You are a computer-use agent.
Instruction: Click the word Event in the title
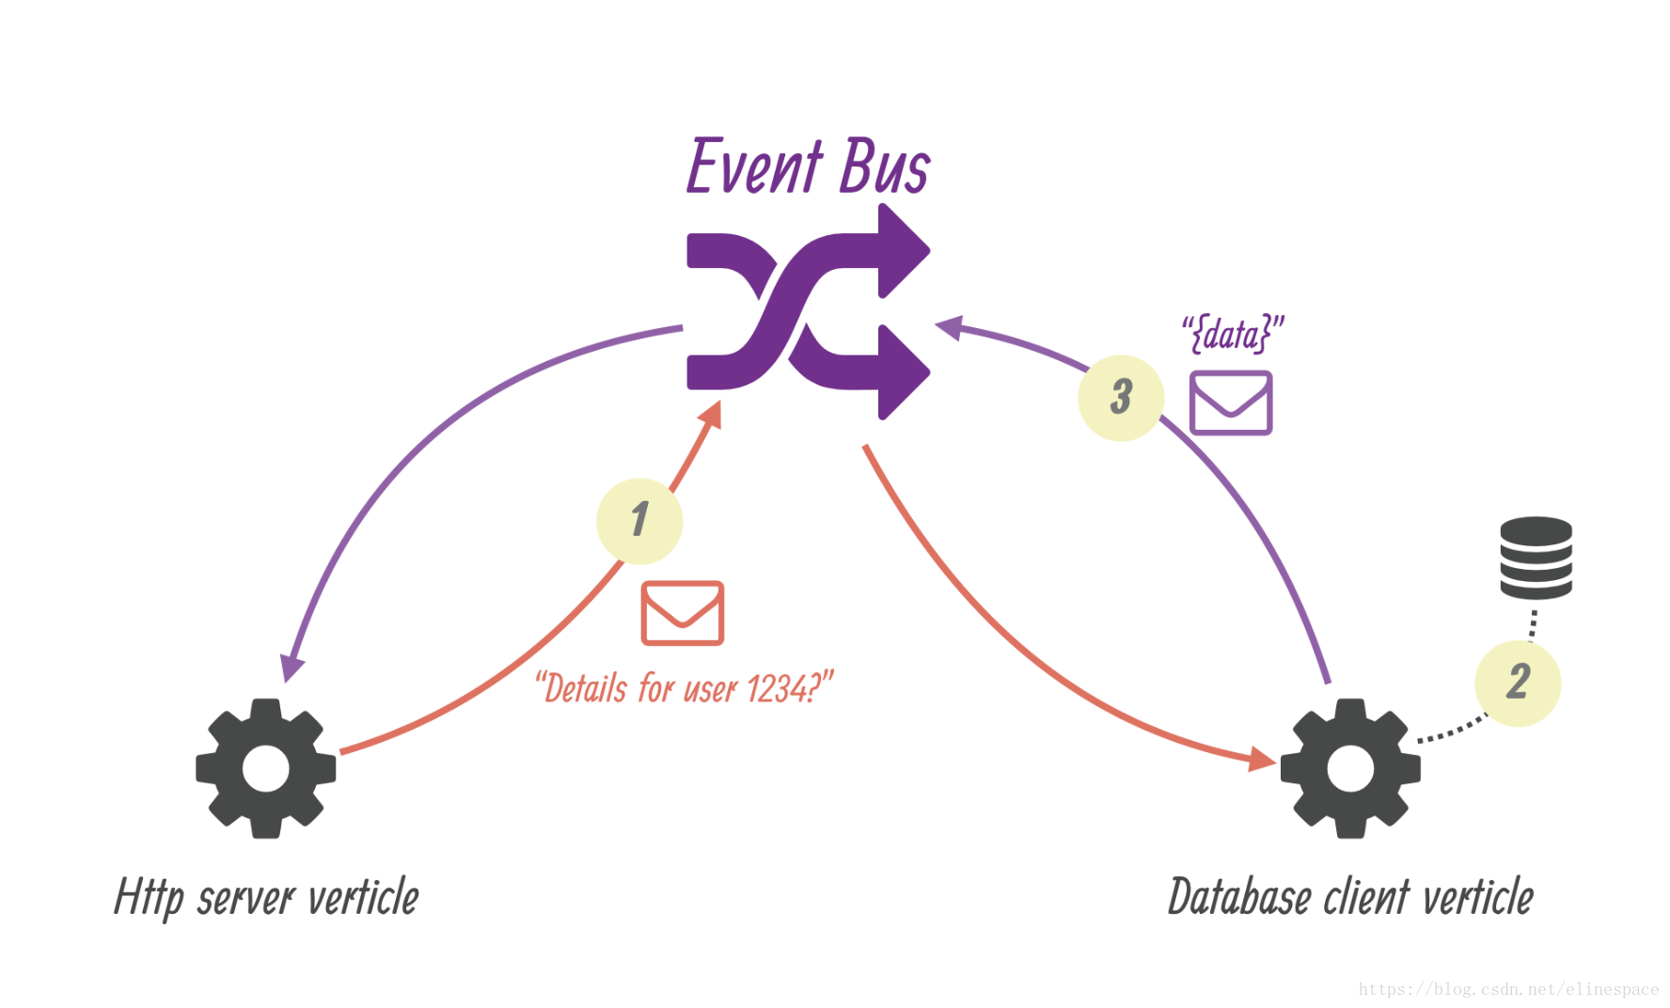pos(755,167)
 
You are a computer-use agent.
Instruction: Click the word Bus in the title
pos(884,167)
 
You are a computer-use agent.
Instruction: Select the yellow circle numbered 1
pos(639,521)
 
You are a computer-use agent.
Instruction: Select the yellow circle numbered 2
pos(1518,683)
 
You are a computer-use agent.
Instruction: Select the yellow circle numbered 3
pos(1121,398)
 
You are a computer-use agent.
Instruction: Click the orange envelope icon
pos(683,613)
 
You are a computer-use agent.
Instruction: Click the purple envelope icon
pos(1231,402)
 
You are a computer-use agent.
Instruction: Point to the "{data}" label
pos(1233,334)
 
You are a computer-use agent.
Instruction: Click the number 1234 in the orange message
pos(777,689)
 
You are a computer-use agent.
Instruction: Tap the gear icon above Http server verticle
pos(266,768)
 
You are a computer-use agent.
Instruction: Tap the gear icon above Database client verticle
pos(1350,768)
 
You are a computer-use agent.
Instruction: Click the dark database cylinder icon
pos(1536,558)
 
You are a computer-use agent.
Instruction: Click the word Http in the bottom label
pos(149,898)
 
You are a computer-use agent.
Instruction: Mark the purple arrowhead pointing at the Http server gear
pos(292,668)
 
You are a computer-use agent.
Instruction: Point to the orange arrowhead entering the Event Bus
pos(712,414)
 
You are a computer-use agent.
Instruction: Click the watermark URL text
pos(1508,989)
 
